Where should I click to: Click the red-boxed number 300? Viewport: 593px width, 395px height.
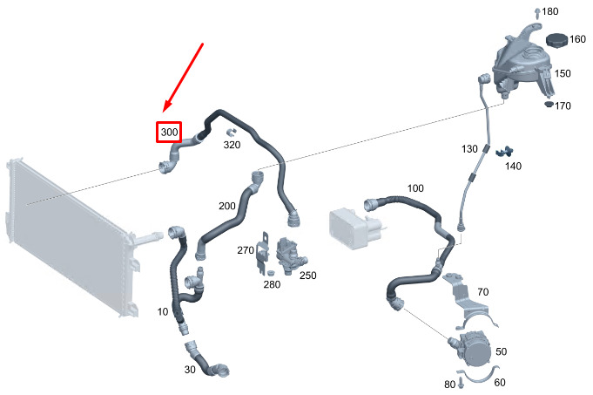coord(169,133)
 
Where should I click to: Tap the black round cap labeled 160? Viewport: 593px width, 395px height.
coord(556,40)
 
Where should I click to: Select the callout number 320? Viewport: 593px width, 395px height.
coord(232,145)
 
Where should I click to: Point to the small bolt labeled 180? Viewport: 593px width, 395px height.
coord(537,13)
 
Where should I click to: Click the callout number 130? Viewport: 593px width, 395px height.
coord(469,149)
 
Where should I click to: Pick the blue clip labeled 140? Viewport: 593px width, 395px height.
coord(504,152)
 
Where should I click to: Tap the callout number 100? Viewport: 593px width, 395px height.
coord(415,188)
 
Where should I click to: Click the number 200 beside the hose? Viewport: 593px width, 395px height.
coord(227,206)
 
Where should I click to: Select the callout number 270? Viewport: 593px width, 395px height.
coord(246,250)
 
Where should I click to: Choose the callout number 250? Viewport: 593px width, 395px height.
coord(308,276)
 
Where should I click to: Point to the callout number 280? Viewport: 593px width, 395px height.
coord(272,284)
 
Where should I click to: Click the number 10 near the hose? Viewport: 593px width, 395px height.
coord(163,311)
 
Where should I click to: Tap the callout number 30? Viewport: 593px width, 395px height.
coord(190,369)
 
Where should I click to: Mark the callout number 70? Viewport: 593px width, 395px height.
coord(483,292)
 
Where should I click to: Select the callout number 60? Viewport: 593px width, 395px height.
coord(500,383)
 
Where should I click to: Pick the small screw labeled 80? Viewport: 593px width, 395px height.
coord(461,383)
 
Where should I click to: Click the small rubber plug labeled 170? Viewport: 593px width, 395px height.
coord(549,104)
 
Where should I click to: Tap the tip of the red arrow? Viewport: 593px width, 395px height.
coord(163,112)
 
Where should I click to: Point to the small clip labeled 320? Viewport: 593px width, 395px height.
coord(231,133)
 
